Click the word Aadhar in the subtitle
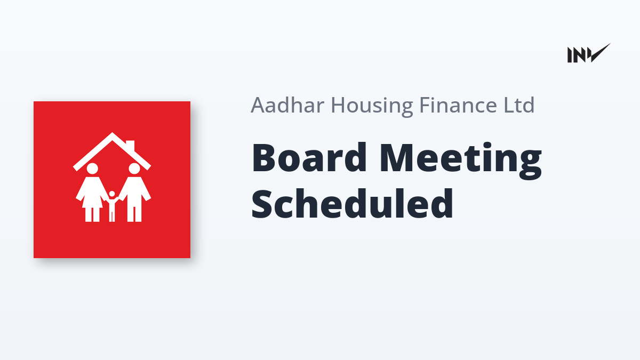click(x=287, y=105)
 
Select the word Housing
click(x=372, y=107)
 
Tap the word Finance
click(x=458, y=105)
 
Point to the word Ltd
click(x=519, y=105)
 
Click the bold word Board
click(x=309, y=157)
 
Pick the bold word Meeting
click(x=461, y=161)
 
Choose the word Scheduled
click(x=352, y=203)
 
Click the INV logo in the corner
click(x=589, y=53)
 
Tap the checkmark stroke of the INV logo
click(x=600, y=53)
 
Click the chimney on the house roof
click(x=130, y=146)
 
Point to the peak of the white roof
click(x=112, y=133)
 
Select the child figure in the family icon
click(x=112, y=206)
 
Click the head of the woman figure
click(x=92, y=169)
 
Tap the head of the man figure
click(x=134, y=169)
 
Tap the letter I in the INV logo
click(x=570, y=55)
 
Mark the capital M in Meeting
click(x=397, y=157)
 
